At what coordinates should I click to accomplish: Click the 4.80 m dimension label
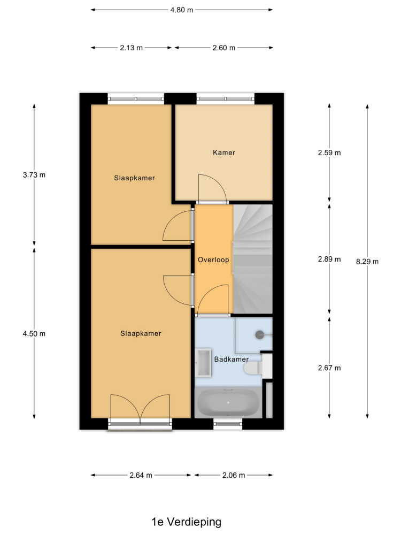(x=182, y=10)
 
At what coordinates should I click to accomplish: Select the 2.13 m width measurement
(x=132, y=48)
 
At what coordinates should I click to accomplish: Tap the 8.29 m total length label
(x=367, y=262)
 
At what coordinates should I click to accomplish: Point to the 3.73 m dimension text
(x=34, y=175)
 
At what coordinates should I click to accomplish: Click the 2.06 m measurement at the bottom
(x=234, y=475)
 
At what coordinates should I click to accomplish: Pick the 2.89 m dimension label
(x=329, y=259)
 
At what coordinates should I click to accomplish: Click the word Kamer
(x=224, y=152)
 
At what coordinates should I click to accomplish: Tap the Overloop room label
(x=213, y=259)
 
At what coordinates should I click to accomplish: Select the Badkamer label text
(x=232, y=360)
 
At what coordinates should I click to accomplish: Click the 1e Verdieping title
(x=187, y=522)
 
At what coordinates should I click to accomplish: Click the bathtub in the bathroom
(x=228, y=403)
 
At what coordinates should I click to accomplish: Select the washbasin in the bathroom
(x=204, y=363)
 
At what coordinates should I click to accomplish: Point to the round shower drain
(x=260, y=335)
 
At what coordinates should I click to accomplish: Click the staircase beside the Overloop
(x=253, y=259)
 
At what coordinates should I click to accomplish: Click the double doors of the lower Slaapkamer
(x=140, y=409)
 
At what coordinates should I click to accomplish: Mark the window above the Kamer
(x=226, y=98)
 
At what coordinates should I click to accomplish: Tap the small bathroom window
(x=228, y=424)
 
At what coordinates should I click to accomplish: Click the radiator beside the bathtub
(x=269, y=400)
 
